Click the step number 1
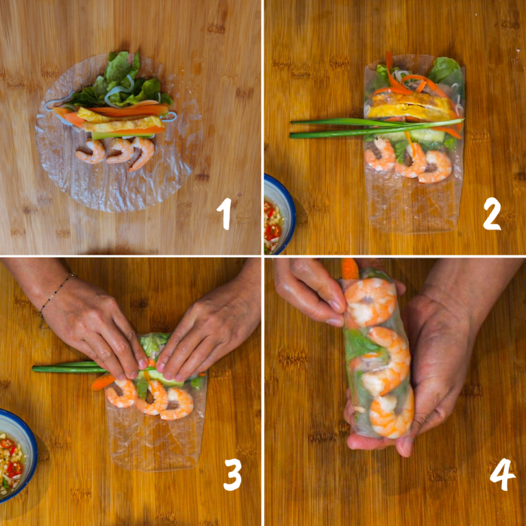pyautogui.click(x=224, y=214)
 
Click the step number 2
pyautogui.click(x=492, y=214)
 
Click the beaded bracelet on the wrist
pyautogui.click(x=55, y=292)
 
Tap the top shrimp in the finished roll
pyautogui.click(x=370, y=300)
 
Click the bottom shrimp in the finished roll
pyautogui.click(x=391, y=414)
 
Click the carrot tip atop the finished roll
pyautogui.click(x=349, y=268)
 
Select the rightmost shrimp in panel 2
pyautogui.click(x=434, y=166)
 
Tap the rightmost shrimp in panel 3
pyautogui.click(x=177, y=403)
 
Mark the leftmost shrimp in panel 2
pyautogui.click(x=379, y=156)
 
